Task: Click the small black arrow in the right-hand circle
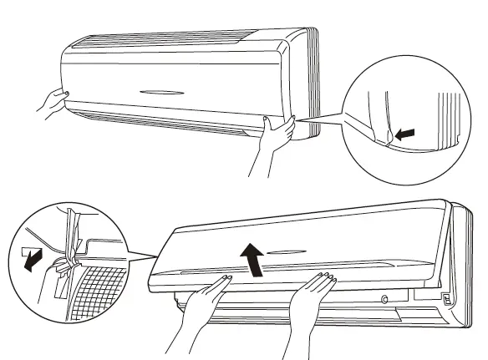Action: click(x=406, y=132)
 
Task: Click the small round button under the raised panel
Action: click(x=384, y=298)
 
